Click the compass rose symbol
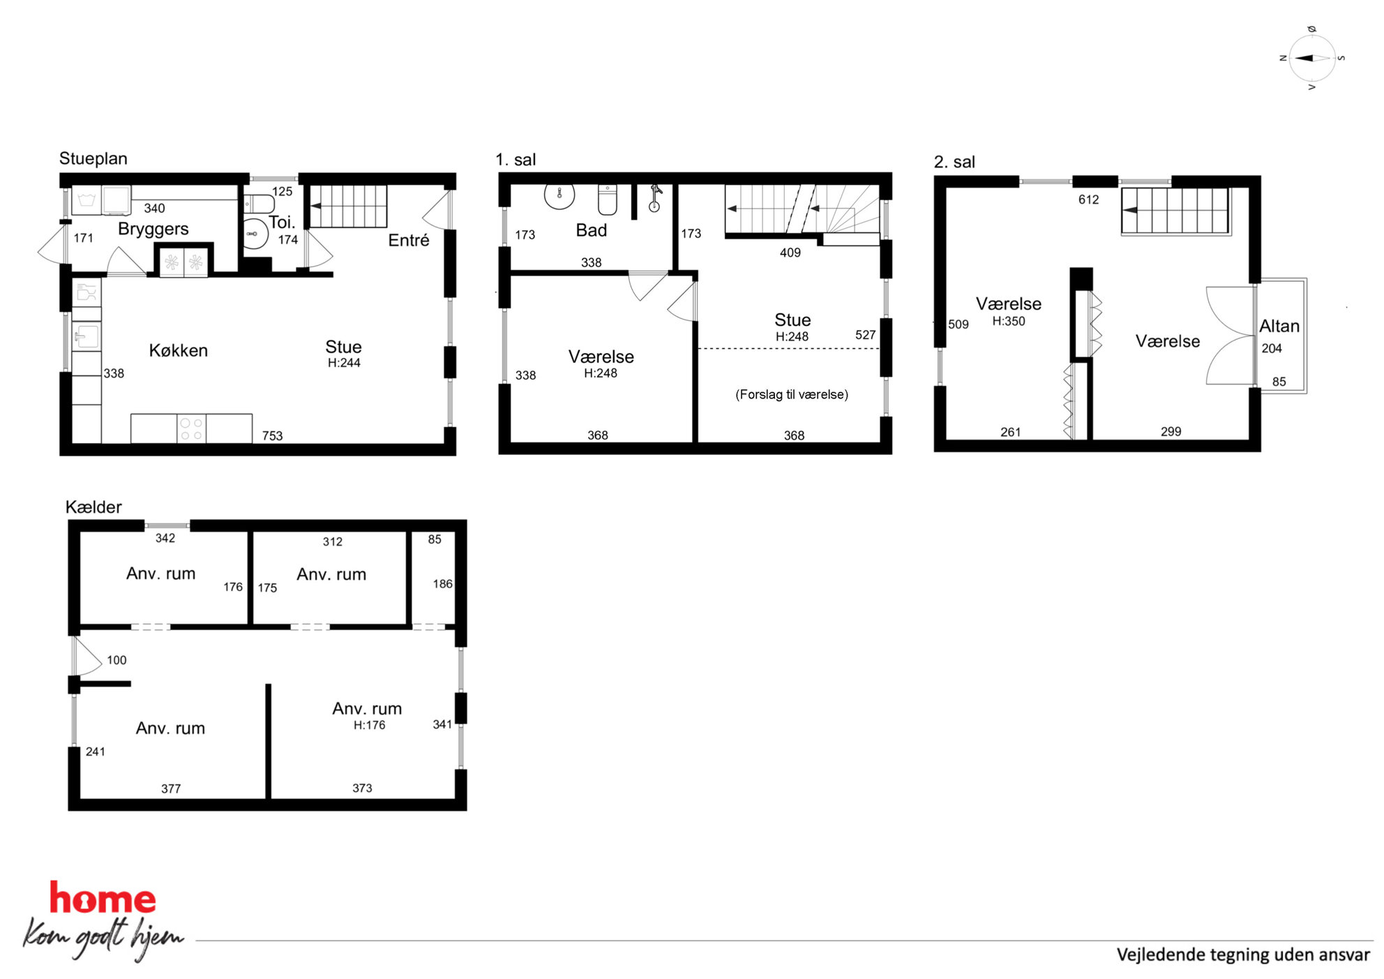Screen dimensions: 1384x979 tap(1312, 58)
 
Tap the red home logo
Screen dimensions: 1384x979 tap(103, 899)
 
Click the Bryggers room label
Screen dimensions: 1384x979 tap(153, 229)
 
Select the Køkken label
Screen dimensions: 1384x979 tap(178, 350)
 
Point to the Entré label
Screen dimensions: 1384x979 tap(408, 240)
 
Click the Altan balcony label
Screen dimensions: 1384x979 tap(1279, 326)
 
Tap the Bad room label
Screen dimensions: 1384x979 tap(591, 230)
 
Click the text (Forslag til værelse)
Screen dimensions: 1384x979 tap(792, 394)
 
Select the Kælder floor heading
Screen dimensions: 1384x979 tap(93, 507)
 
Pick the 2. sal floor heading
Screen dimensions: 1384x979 tap(954, 162)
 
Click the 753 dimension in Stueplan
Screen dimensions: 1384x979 tap(272, 436)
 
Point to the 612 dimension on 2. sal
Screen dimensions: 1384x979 tap(1088, 200)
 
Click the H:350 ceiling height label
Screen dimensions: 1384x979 tap(1009, 322)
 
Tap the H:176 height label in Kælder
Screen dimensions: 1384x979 tap(369, 725)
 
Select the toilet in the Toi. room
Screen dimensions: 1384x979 tap(259, 204)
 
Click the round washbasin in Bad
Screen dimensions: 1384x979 tap(559, 195)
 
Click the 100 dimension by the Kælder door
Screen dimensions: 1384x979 tap(116, 660)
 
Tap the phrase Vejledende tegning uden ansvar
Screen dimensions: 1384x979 tap(1243, 955)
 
